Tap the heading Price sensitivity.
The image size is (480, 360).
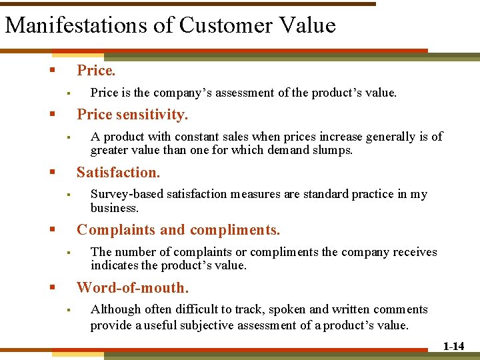pos(133,115)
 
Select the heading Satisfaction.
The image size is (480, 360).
pos(119,173)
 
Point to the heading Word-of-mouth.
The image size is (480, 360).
pos(133,288)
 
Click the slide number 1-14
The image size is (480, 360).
pos(453,346)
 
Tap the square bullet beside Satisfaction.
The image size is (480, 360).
pos(52,173)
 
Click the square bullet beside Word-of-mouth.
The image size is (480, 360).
pos(52,288)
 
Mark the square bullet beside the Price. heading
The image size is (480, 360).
pos(52,70)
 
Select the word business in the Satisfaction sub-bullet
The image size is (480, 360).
pos(114,207)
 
